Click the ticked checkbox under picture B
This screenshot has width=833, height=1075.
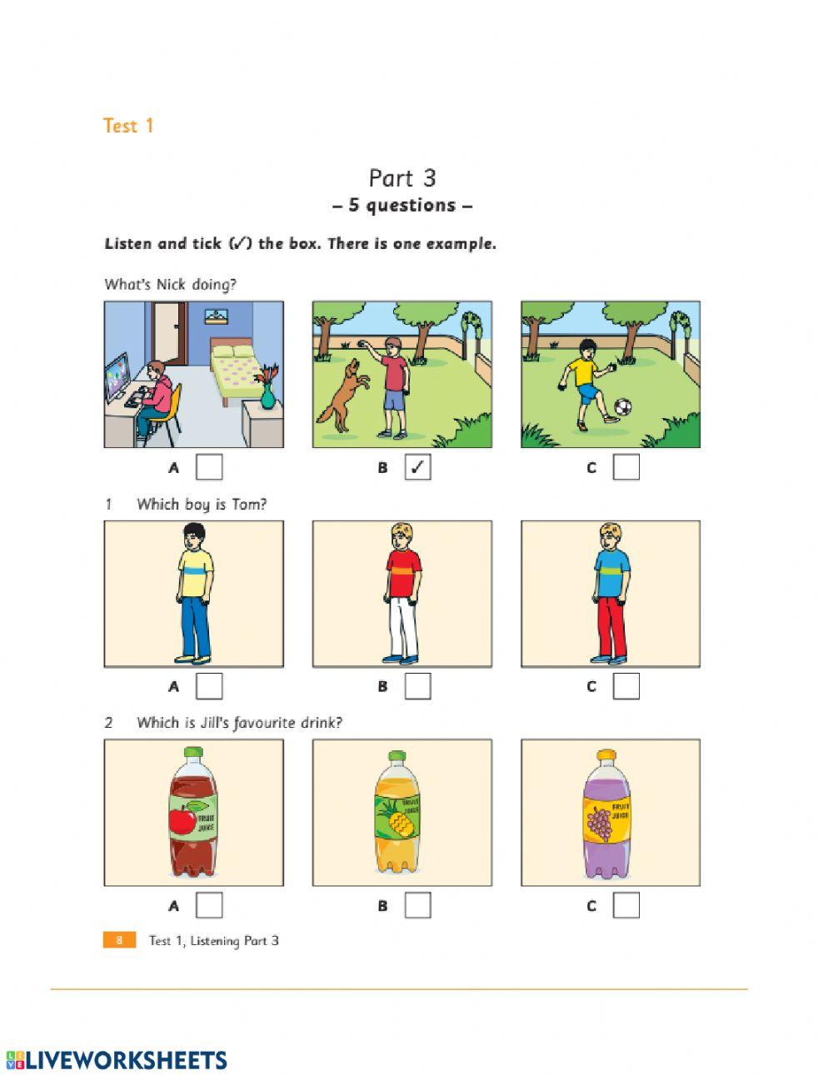pyautogui.click(x=417, y=467)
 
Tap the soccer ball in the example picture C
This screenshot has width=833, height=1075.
pyautogui.click(x=622, y=408)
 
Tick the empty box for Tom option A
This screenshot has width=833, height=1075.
pyautogui.click(x=209, y=686)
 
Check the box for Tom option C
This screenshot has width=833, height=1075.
pyautogui.click(x=626, y=686)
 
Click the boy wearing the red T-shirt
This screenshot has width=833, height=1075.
pyautogui.click(x=402, y=593)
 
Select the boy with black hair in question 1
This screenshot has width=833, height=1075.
pyautogui.click(x=194, y=593)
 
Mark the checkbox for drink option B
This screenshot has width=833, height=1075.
pyautogui.click(x=417, y=905)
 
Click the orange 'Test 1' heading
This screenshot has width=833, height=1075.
pyautogui.click(x=128, y=126)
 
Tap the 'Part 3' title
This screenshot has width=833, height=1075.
pyautogui.click(x=402, y=178)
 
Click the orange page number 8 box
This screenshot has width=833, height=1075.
pyautogui.click(x=119, y=940)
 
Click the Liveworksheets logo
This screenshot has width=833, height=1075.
pyautogui.click(x=117, y=1059)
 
